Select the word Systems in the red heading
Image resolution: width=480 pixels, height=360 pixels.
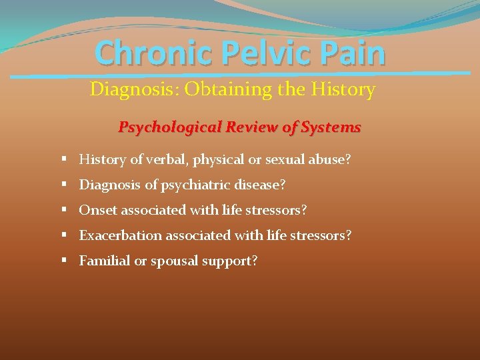[331, 127]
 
